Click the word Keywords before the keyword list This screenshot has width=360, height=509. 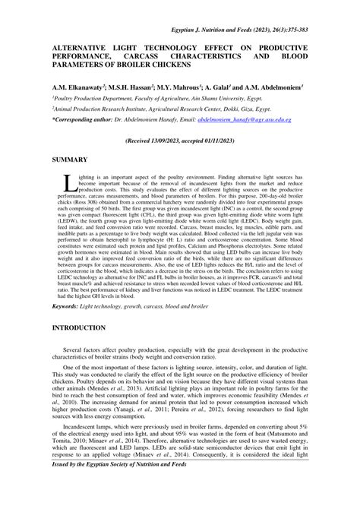coord(68,306)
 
